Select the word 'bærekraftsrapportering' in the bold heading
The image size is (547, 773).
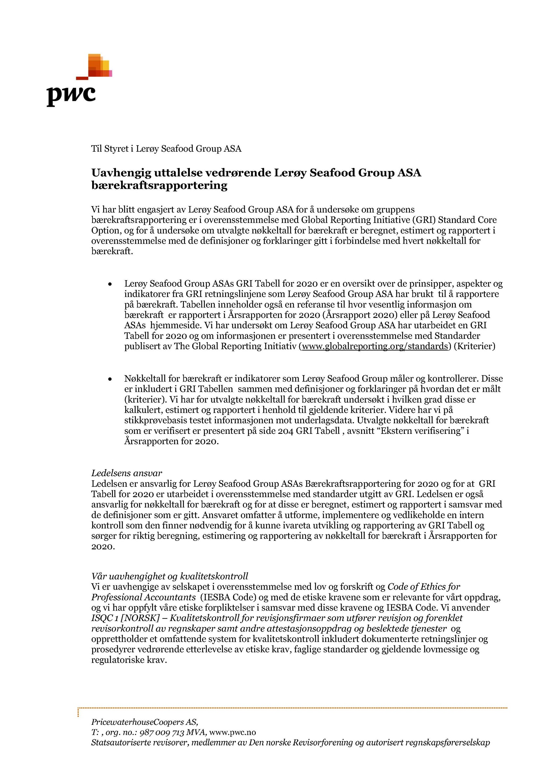(159, 185)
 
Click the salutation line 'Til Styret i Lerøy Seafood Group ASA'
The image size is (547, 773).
(166, 149)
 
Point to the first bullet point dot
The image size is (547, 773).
(110, 284)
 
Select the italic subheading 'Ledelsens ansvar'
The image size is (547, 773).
(127, 473)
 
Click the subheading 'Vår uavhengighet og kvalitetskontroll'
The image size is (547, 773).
(170, 576)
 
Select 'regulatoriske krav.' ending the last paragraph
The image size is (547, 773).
(129, 660)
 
